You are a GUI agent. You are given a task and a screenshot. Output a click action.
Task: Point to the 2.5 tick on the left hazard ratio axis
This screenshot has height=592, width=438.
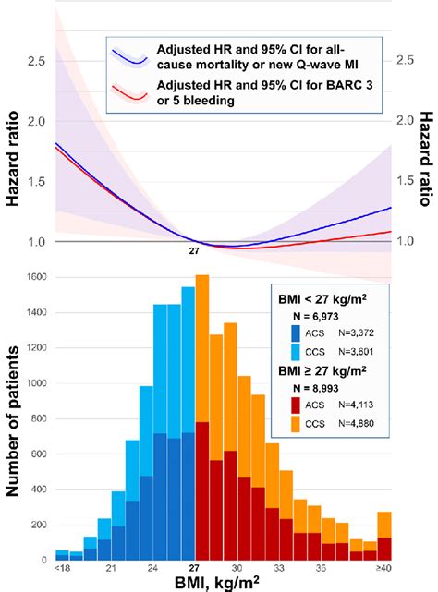click(x=36, y=61)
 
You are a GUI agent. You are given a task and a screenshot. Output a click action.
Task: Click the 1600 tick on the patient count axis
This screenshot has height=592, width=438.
click(x=37, y=277)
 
